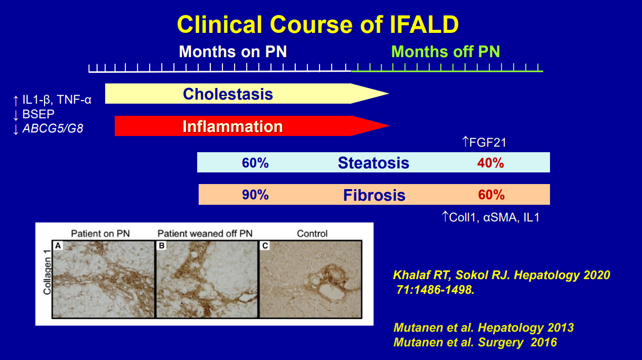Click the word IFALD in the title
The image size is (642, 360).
[424, 25]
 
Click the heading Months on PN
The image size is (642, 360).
[233, 52]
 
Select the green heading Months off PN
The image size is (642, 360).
[446, 52]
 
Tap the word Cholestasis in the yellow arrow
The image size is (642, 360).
[228, 94]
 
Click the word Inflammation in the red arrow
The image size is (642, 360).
[233, 126]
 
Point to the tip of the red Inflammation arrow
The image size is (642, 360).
[390, 125]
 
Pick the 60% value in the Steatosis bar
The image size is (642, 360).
[255, 163]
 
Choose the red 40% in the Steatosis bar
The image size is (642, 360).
[490, 163]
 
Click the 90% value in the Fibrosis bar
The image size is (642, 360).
[255, 195]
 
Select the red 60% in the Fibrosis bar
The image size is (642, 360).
[491, 195]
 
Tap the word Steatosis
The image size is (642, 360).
[374, 163]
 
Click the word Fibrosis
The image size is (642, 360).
[374, 195]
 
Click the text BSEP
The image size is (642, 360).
[38, 114]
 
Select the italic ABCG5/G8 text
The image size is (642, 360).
[53, 128]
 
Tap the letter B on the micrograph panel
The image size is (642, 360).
[162, 246]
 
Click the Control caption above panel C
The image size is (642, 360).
[312, 234]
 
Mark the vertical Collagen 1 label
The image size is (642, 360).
[48, 272]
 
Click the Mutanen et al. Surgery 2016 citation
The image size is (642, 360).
[475, 342]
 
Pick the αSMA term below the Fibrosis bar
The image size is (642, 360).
[500, 217]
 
